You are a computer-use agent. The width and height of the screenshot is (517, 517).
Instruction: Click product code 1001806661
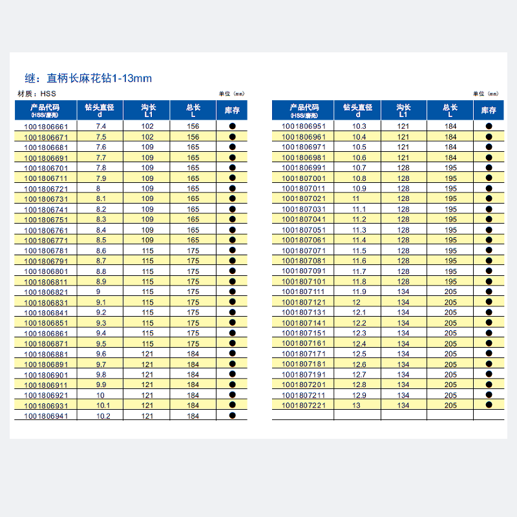[x=45, y=127]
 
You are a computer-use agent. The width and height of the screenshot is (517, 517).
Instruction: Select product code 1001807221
[x=304, y=405]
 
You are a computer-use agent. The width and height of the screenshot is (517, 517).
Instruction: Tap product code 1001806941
[x=45, y=416]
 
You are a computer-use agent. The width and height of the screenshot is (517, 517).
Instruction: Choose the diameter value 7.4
[x=101, y=127]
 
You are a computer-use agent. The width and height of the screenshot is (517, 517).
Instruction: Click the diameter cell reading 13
[x=356, y=405]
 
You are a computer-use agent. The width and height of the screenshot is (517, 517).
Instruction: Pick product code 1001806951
[x=304, y=126]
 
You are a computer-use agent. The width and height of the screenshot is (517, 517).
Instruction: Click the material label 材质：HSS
[x=36, y=94]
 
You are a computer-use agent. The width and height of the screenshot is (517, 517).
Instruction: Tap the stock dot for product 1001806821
[x=233, y=292]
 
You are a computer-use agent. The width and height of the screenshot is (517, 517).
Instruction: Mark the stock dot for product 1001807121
[x=489, y=302]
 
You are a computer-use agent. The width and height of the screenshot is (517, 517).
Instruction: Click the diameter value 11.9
[x=359, y=291]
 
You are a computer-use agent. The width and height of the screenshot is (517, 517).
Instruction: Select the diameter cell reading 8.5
[x=101, y=240]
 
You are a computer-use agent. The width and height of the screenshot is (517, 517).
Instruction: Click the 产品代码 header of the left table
[x=45, y=111]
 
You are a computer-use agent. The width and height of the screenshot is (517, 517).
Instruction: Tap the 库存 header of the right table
[x=489, y=111]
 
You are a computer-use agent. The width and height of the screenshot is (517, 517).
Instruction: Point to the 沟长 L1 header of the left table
[x=148, y=111]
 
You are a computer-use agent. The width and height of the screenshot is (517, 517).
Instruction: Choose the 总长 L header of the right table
[x=450, y=111]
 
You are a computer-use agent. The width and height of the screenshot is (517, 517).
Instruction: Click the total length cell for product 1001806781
[x=193, y=251]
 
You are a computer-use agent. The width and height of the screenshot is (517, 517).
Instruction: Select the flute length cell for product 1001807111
[x=404, y=291]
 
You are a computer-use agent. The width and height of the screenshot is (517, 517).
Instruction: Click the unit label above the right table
[x=485, y=94]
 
